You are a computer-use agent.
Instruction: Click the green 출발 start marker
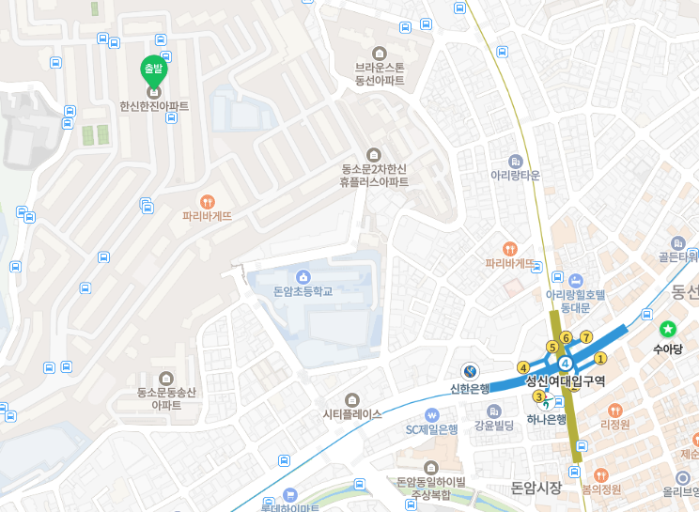(x=152, y=69)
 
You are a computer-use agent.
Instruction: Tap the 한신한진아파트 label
(x=154, y=106)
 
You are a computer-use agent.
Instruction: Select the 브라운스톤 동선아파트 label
(x=380, y=73)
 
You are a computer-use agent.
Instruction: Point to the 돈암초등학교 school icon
(x=303, y=276)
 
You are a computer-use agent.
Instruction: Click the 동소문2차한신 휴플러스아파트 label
(x=374, y=176)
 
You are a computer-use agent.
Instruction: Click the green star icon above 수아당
(x=667, y=329)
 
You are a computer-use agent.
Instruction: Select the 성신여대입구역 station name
(x=566, y=380)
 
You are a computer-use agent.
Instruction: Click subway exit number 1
(x=601, y=357)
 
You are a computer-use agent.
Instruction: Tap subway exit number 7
(x=586, y=337)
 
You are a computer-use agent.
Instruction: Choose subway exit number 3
(x=538, y=396)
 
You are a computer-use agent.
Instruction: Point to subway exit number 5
(x=551, y=347)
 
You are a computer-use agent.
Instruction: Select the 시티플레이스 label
(x=352, y=413)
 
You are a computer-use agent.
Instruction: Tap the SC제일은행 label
(x=431, y=429)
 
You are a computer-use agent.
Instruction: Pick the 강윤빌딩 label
(x=494, y=426)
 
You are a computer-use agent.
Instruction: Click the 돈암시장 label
(x=536, y=488)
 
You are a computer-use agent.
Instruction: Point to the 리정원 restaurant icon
(x=614, y=410)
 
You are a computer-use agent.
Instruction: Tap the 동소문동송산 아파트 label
(x=166, y=398)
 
